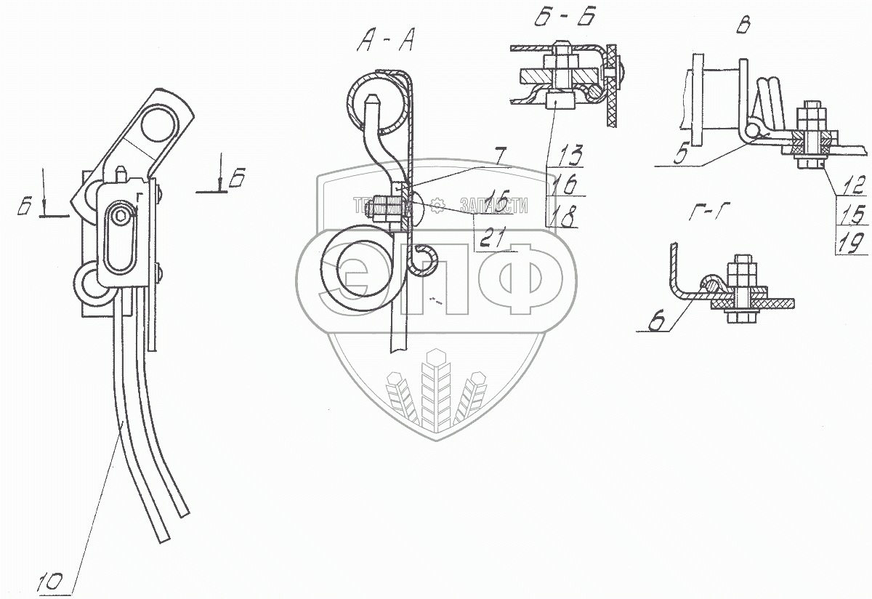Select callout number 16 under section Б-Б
tap(564, 185)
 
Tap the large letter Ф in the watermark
tap(522, 276)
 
